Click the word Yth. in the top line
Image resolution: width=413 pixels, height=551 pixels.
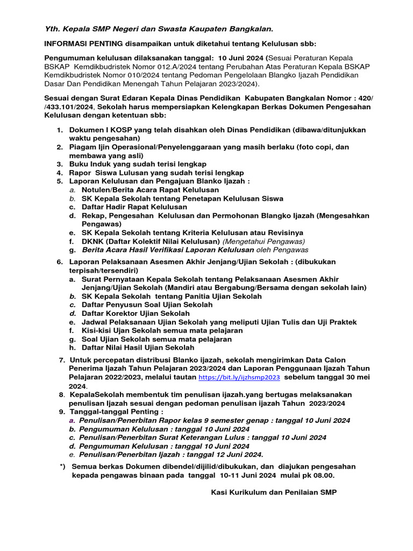(x=52, y=28)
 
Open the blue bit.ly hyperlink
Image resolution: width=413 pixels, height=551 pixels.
(x=239, y=378)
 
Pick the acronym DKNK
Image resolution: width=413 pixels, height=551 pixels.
(x=93, y=242)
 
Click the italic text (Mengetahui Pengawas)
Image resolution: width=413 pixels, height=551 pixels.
(x=264, y=242)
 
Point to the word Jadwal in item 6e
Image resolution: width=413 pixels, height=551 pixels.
(x=94, y=322)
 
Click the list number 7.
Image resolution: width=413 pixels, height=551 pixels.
(x=62, y=360)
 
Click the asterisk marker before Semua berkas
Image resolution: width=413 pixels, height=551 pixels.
(x=62, y=467)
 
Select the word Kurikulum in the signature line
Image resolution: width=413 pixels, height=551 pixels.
(x=251, y=492)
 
